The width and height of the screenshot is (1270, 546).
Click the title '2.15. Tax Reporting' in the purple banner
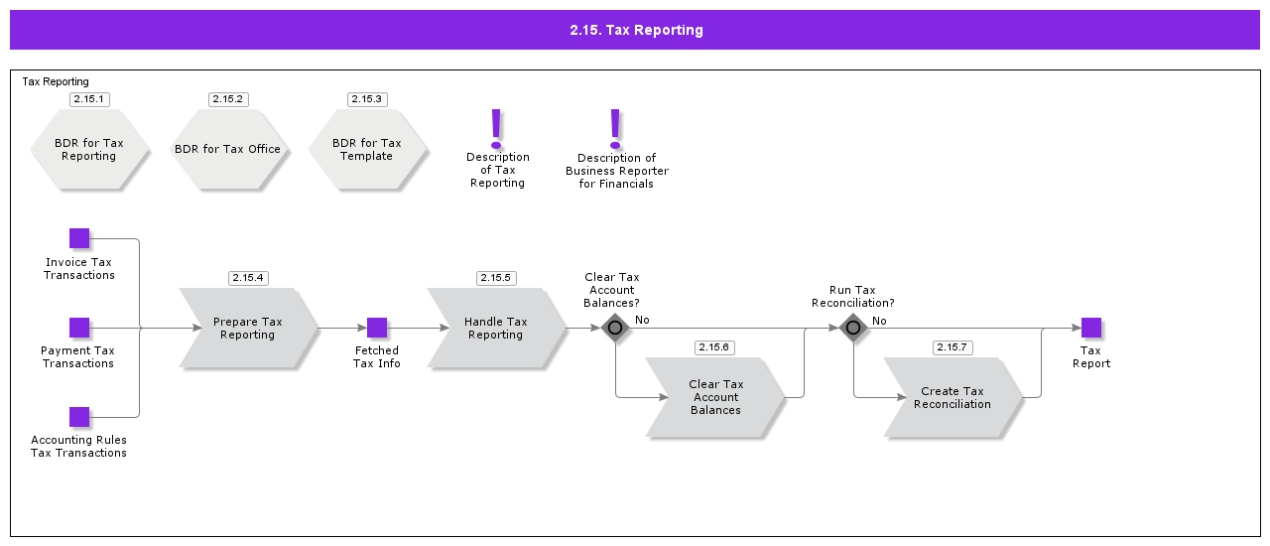pos(636,30)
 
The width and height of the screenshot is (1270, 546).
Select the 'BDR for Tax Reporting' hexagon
pos(89,150)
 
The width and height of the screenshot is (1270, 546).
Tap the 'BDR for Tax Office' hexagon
pos(228,150)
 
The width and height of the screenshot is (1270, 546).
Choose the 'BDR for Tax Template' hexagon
pos(367,150)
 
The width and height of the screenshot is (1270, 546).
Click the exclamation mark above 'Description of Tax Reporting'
pos(497,127)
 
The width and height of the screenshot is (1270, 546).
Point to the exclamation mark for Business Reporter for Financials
pos(615,127)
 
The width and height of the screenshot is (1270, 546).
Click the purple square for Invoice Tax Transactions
pos(79,238)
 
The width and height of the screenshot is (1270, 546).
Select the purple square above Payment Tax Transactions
pos(79,328)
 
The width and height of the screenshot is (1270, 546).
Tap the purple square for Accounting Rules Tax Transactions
pos(79,417)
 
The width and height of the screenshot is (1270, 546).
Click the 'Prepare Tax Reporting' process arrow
pos(248,329)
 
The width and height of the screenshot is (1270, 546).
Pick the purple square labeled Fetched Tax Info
pos(377,328)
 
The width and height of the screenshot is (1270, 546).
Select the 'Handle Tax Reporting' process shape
pos(496,329)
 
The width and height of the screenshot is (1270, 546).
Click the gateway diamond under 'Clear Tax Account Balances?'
pos(615,328)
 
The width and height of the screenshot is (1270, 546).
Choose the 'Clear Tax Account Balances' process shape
pos(715,397)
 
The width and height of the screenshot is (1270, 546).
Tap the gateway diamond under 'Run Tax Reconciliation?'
pos(853,328)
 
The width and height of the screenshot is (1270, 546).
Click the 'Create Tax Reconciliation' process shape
pos(952,397)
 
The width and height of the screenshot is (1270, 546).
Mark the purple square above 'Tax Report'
pos(1091,328)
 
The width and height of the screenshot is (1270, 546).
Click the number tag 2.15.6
pos(714,347)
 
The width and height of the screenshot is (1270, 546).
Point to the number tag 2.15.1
pos(89,99)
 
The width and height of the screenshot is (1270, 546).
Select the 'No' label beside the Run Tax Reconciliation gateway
pos(879,321)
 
